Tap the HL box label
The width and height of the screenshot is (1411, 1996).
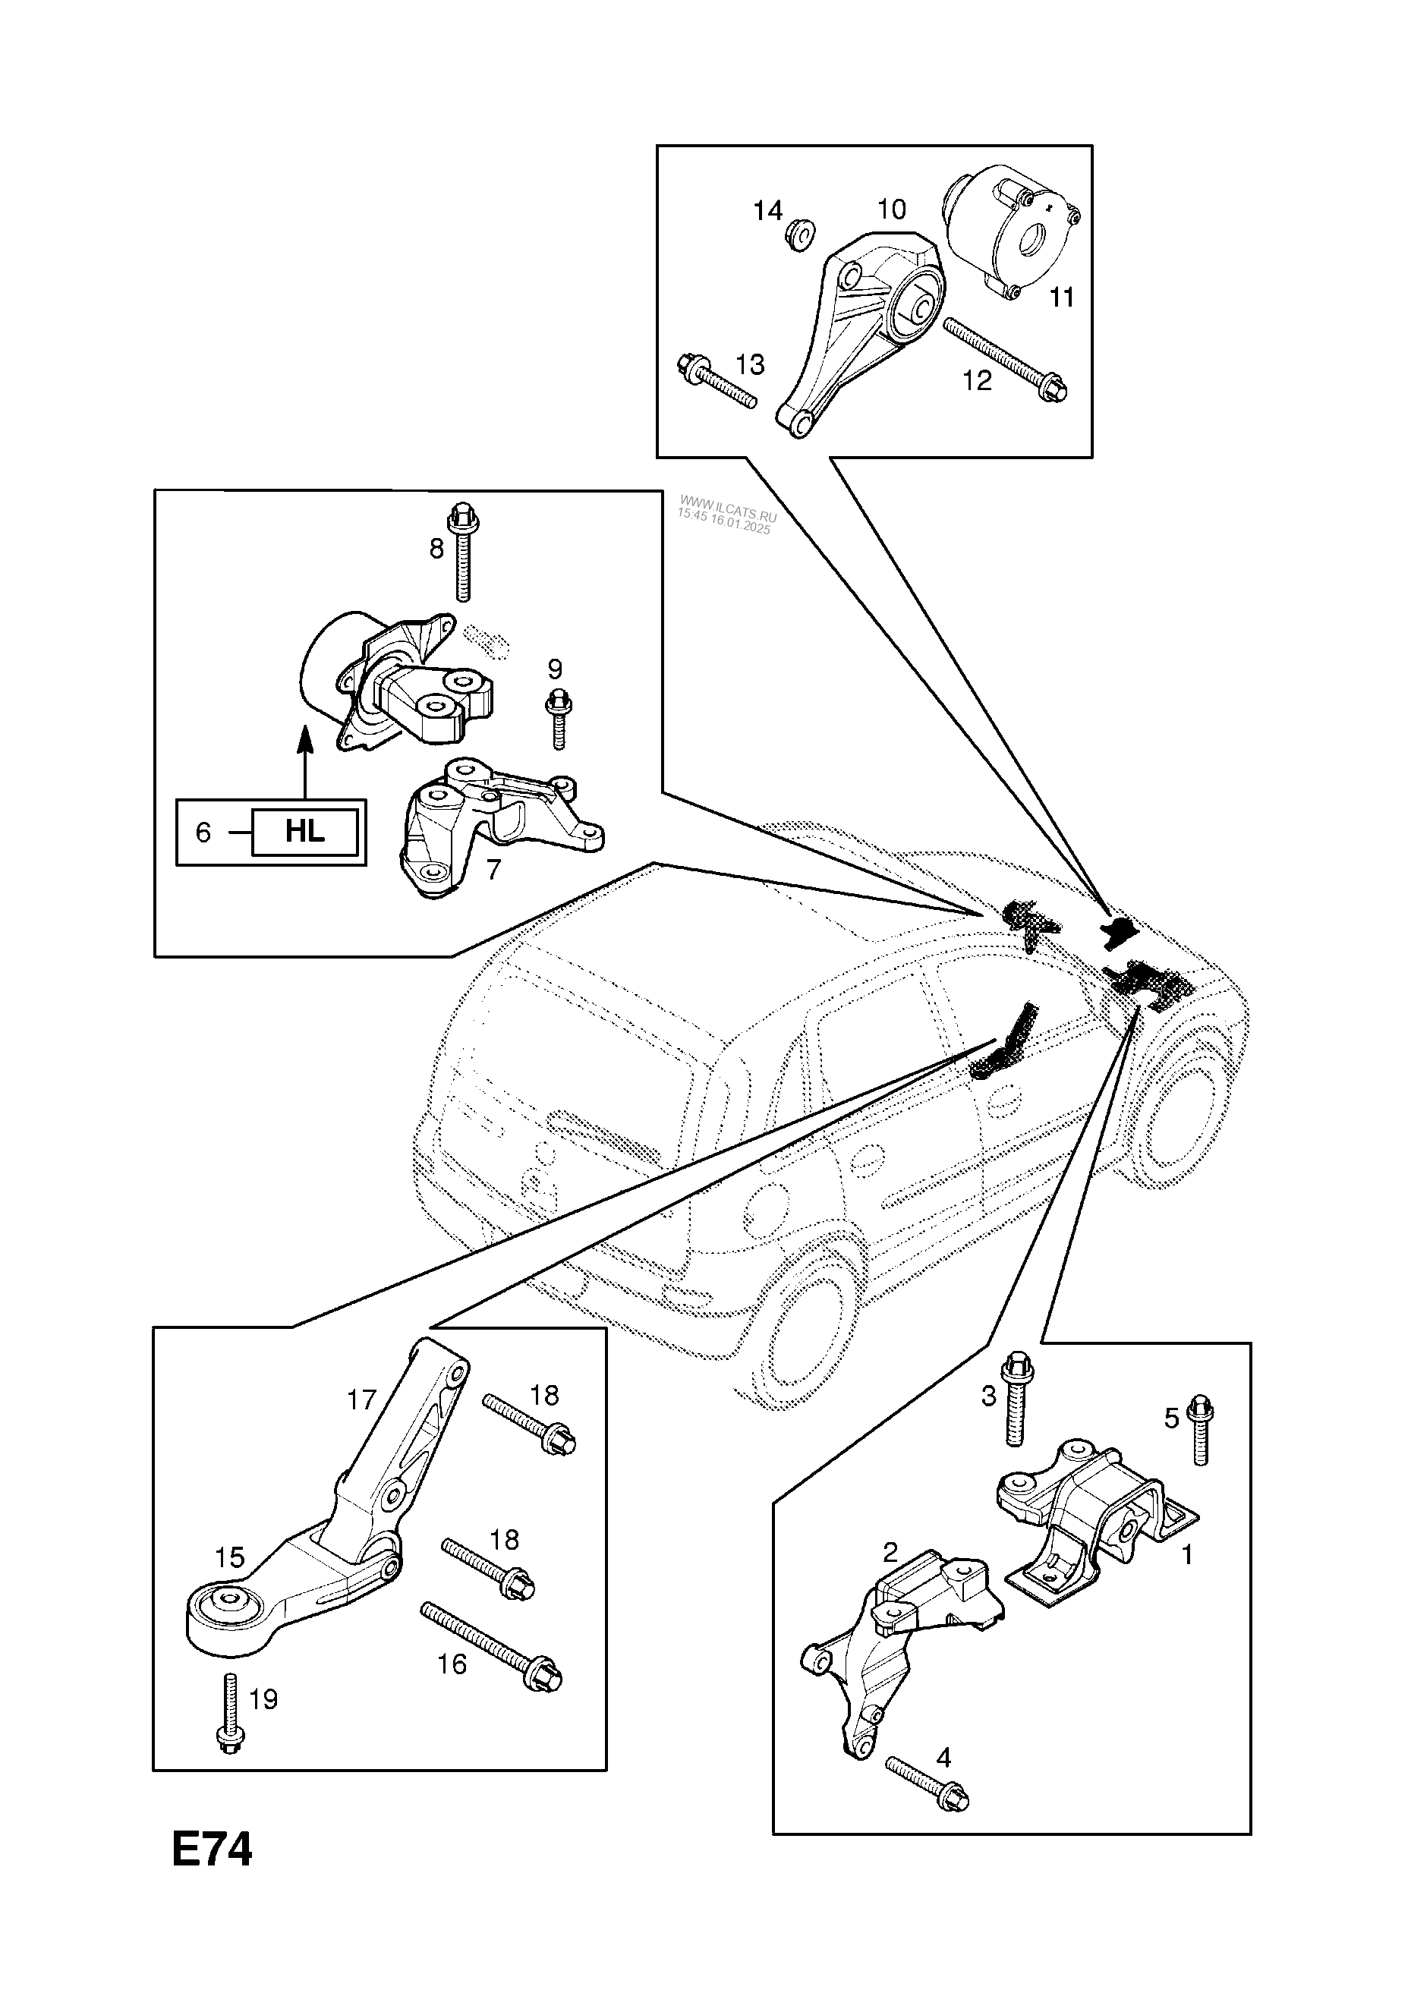coord(304,832)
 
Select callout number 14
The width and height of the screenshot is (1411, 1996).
coord(767,210)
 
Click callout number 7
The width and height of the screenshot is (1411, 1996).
coord(494,869)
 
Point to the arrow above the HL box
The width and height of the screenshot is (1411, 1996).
coord(304,760)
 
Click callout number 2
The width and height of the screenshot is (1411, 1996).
coord(890,1553)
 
